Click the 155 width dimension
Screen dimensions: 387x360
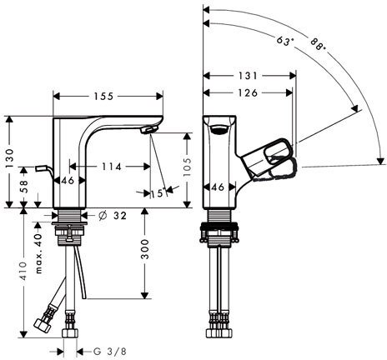(103, 97)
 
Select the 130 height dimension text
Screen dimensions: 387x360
(10, 158)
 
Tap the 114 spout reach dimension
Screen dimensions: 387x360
(112, 167)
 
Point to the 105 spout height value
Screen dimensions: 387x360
(188, 167)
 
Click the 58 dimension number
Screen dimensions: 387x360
(23, 187)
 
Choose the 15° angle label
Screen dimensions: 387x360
(159, 193)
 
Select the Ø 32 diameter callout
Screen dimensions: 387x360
(113, 216)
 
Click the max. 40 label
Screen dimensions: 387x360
(38, 253)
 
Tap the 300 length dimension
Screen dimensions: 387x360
(145, 249)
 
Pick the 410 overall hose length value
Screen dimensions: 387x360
(23, 271)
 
